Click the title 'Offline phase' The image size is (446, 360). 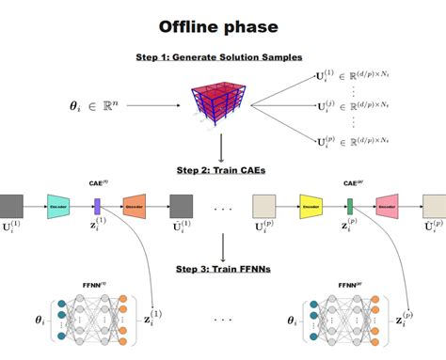[x=223, y=26]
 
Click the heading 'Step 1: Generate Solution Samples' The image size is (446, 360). [x=223, y=58]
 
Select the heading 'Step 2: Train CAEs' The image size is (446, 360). [x=223, y=170]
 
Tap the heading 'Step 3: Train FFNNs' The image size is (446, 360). [x=223, y=270]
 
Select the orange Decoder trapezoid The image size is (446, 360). [x=134, y=204]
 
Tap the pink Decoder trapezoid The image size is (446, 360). [x=387, y=204]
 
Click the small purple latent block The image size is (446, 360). [x=96, y=204]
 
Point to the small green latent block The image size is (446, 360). [x=349, y=204]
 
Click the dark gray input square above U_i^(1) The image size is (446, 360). [x=11, y=204]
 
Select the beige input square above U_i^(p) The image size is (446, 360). [x=265, y=204]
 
